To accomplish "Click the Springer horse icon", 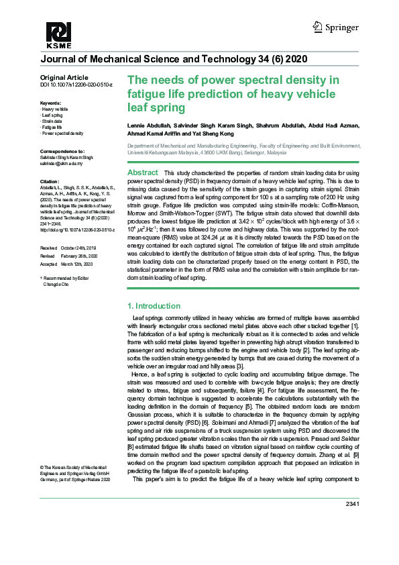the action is pos(319,27).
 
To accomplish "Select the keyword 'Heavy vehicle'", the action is pos(55,109).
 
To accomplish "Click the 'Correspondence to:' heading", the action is pos(62,152).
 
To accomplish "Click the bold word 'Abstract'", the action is pos(142,173).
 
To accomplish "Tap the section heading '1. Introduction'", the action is pos(154,306).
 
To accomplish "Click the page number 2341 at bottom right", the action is pos(353,504).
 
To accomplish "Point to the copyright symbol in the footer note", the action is pos(42,466).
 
